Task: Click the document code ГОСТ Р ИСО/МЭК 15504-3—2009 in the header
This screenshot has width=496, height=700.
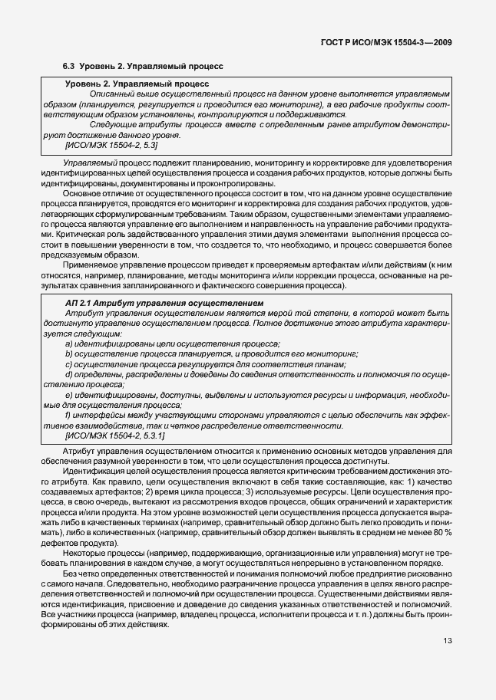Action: (390, 43)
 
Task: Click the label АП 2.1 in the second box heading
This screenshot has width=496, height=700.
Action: (80, 304)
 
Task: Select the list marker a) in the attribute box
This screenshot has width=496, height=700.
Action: (69, 343)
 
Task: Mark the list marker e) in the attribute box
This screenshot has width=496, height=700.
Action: (69, 395)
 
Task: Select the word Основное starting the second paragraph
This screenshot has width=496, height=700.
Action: (83, 195)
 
